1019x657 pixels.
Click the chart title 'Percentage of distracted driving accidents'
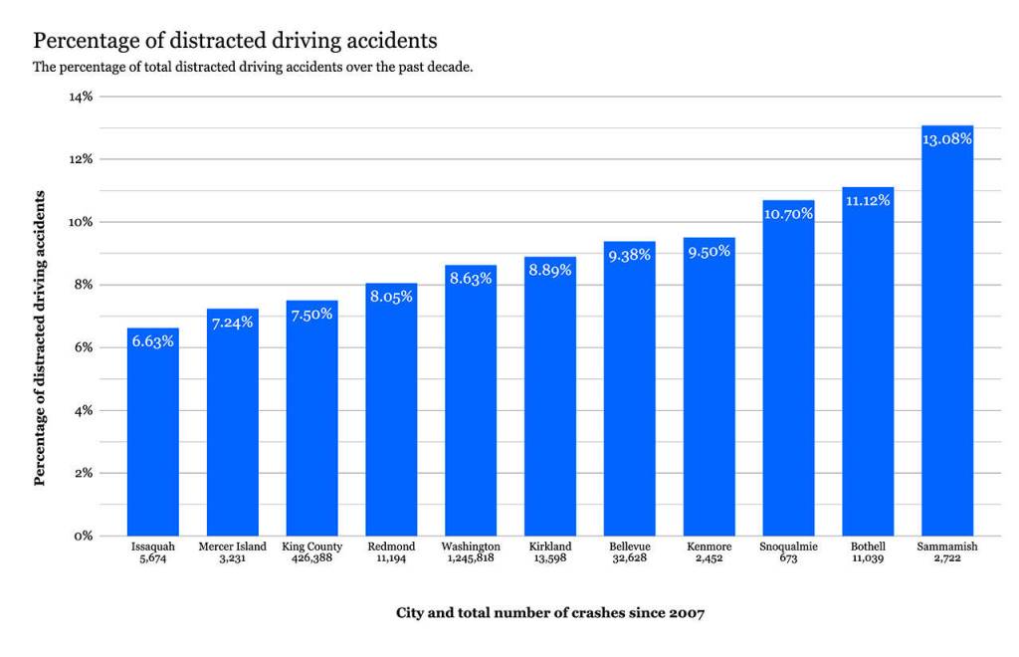point(236,41)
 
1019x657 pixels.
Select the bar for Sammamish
point(946,338)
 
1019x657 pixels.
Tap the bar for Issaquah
point(153,438)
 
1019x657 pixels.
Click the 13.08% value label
point(946,139)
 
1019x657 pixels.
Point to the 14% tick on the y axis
point(80,97)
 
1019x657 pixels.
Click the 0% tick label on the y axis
point(83,536)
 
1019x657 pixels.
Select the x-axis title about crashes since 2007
point(549,613)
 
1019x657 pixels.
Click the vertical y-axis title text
point(40,336)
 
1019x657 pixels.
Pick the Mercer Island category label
point(232,547)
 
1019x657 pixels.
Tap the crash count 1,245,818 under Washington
point(471,559)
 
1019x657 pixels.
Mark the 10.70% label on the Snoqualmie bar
point(788,213)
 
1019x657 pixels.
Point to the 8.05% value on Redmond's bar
point(391,297)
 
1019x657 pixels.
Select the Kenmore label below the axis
point(709,547)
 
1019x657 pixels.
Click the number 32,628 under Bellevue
point(629,559)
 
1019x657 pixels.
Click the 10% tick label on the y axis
point(80,222)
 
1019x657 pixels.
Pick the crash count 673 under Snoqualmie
point(788,559)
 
